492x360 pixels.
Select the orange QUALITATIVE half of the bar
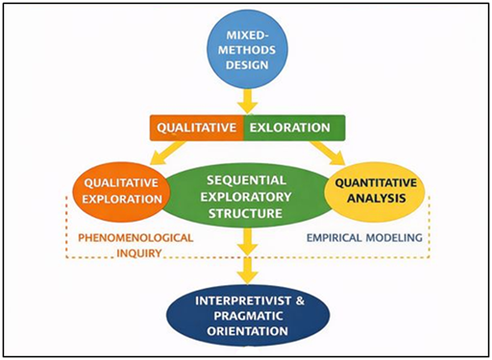click(x=197, y=127)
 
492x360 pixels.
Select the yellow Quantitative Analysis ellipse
click(x=376, y=189)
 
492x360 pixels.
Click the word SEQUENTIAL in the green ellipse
click(x=247, y=179)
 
